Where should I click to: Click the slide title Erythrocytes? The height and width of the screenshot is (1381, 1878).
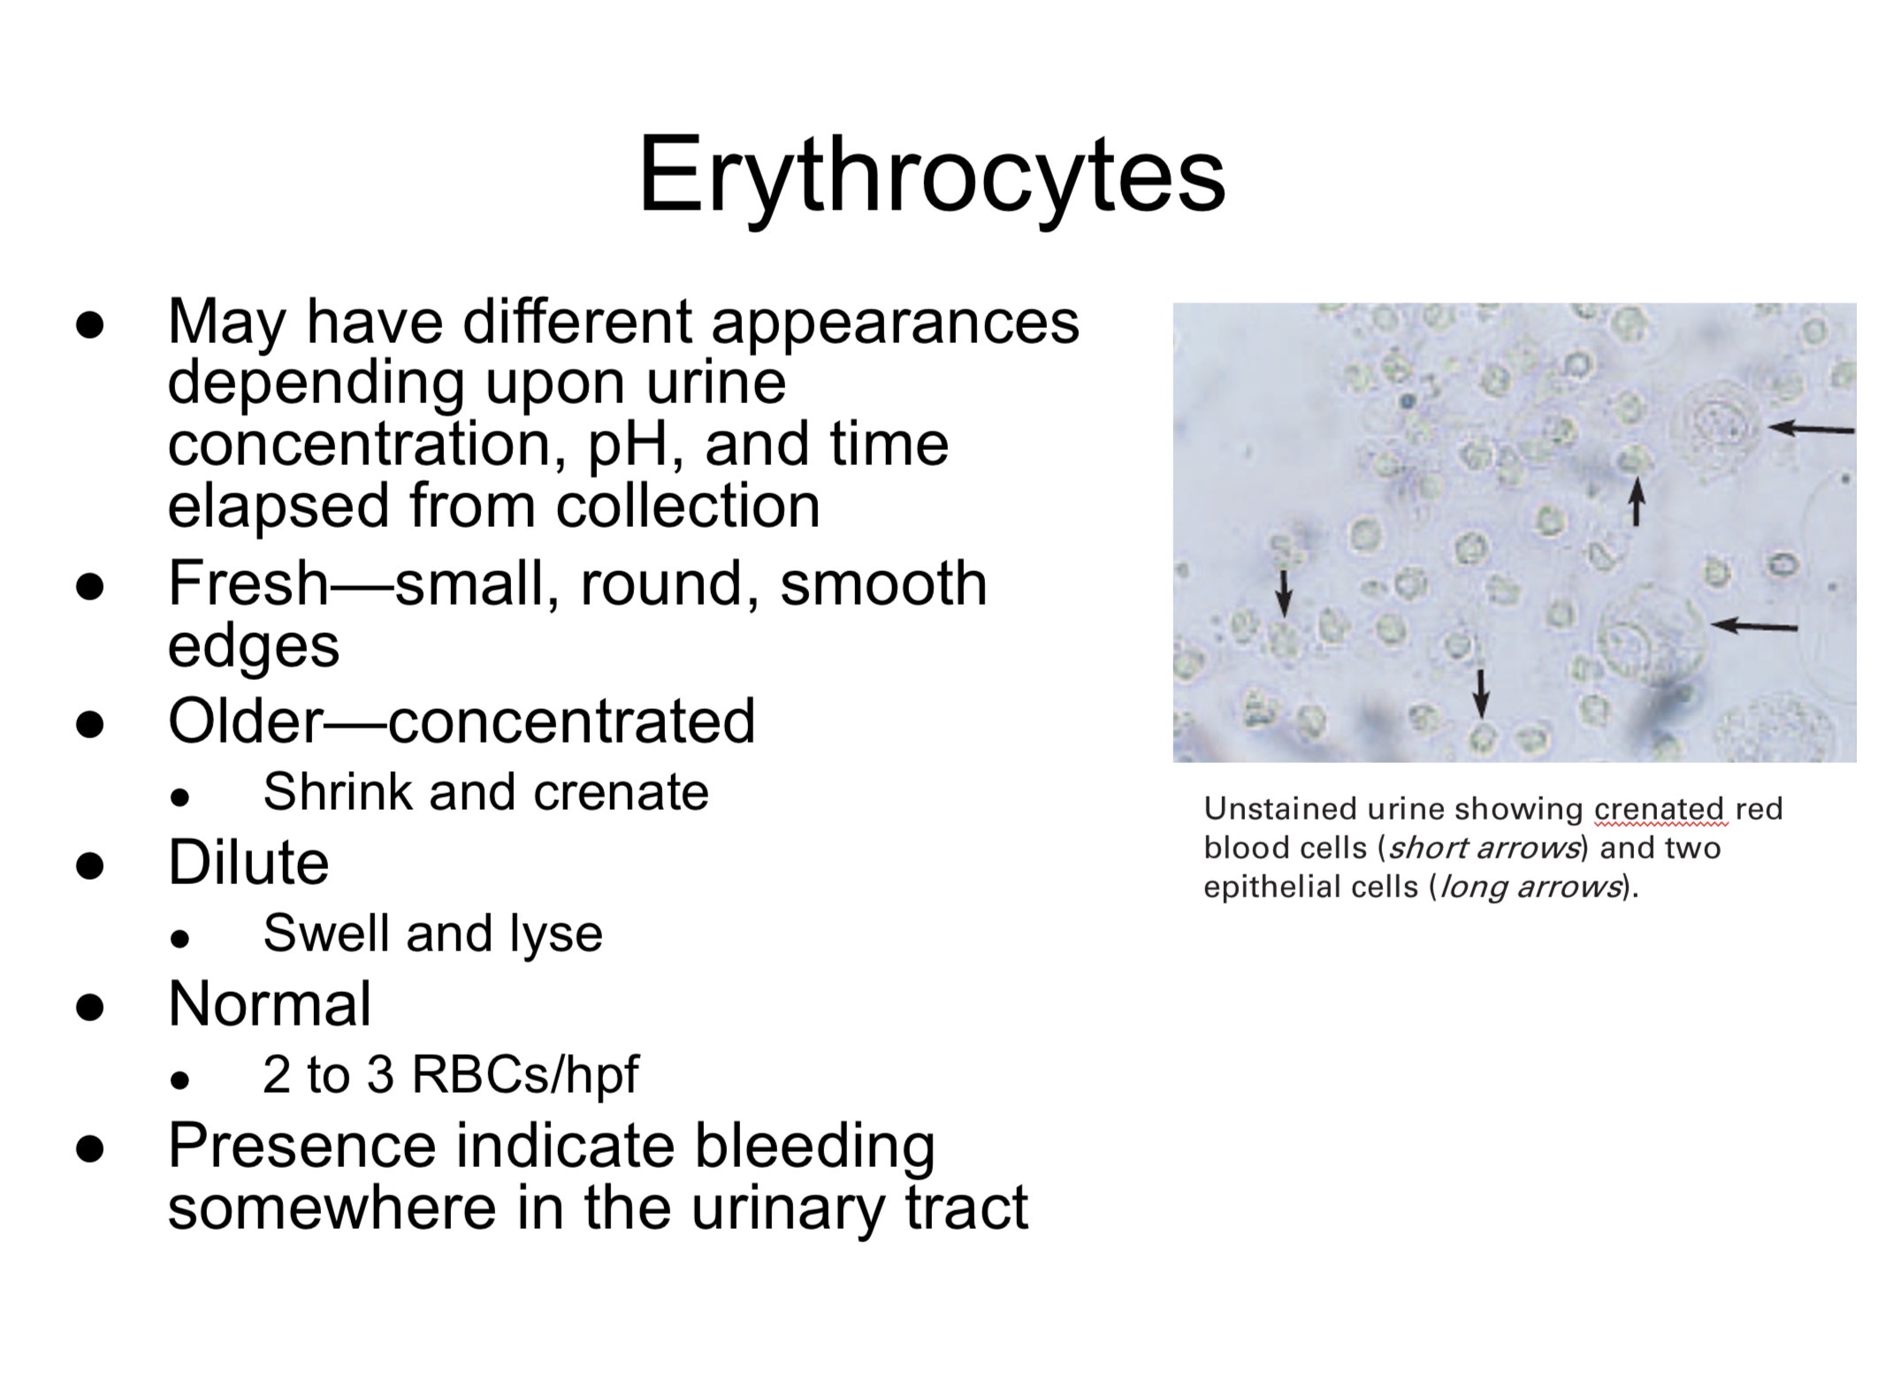pyautogui.click(x=931, y=175)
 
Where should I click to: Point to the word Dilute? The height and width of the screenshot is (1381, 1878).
pyautogui.click(x=248, y=862)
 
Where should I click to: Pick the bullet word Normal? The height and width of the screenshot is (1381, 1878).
pyautogui.click(x=270, y=1004)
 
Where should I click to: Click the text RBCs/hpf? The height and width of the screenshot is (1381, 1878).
pyautogui.click(x=525, y=1075)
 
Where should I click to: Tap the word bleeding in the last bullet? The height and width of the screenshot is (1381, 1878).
pyautogui.click(x=814, y=1146)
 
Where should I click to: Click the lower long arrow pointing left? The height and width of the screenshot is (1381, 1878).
pyautogui.click(x=1754, y=626)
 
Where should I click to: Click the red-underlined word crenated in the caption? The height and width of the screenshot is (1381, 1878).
pyautogui.click(x=1659, y=809)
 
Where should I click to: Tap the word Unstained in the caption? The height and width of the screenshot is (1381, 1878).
pyautogui.click(x=1279, y=809)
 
